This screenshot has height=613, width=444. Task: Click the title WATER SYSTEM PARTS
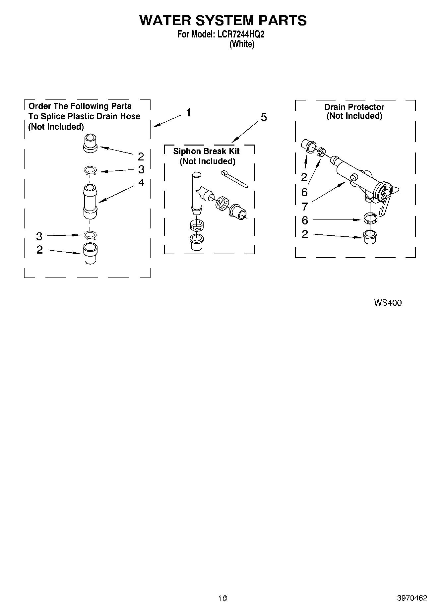(223, 21)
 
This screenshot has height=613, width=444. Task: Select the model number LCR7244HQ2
(241, 34)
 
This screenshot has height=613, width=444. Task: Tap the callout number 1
(188, 113)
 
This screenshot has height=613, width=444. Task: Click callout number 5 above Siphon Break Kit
(264, 117)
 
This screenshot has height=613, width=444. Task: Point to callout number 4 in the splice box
(141, 183)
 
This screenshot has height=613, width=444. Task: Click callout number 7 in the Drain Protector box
(304, 207)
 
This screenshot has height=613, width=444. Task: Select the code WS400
(388, 303)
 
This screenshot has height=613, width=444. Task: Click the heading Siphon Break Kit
(206, 152)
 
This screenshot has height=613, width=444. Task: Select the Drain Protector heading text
(354, 107)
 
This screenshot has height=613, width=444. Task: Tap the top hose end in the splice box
(90, 143)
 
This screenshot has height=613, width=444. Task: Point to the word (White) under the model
(242, 44)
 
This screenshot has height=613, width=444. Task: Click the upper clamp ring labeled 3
(90, 171)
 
